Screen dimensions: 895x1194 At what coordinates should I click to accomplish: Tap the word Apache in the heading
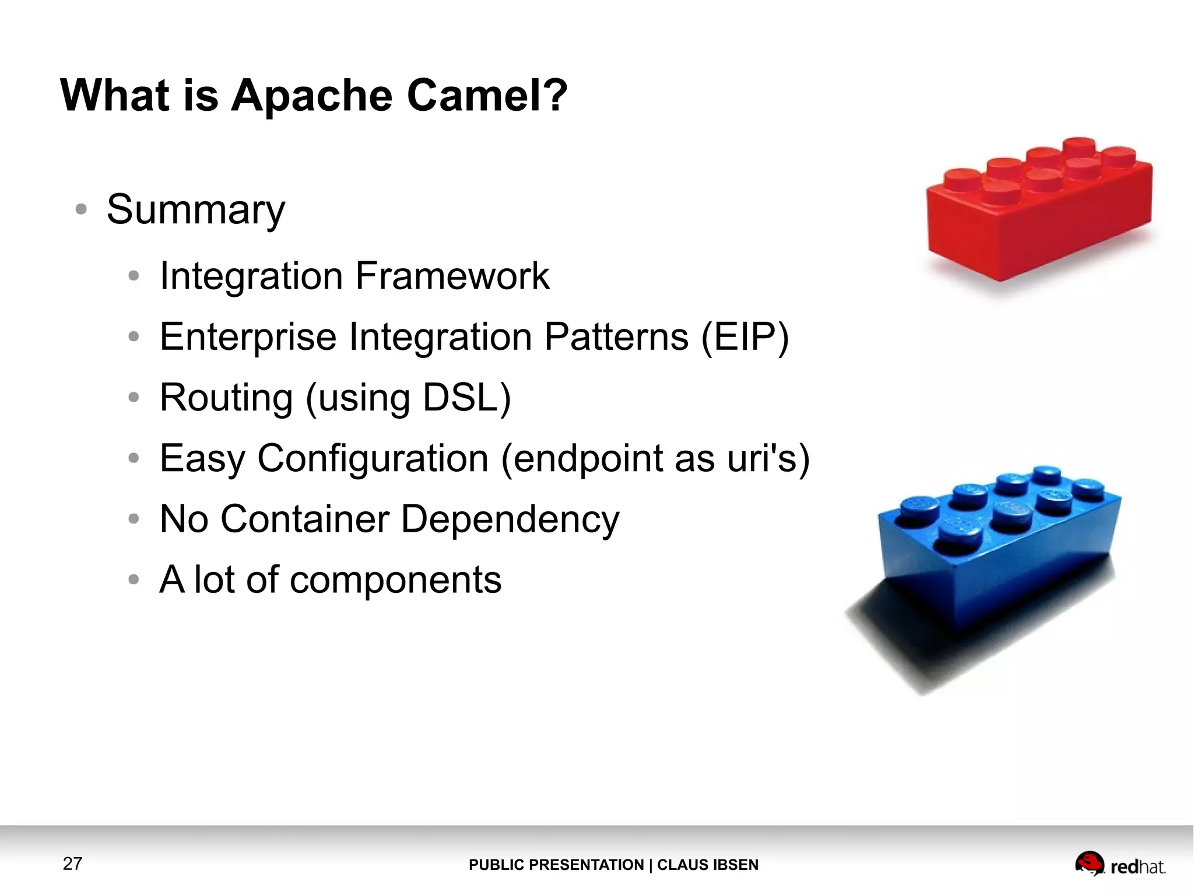pos(312,96)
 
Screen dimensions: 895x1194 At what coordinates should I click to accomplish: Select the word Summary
pos(196,210)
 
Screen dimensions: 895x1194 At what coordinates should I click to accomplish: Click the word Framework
pos(452,276)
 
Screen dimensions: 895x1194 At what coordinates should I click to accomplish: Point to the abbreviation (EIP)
pos(745,337)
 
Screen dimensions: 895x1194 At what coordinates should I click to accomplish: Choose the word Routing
pos(226,398)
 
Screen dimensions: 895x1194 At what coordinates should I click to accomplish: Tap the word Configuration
pos(373,458)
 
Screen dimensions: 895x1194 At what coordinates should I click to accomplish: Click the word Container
pos(304,519)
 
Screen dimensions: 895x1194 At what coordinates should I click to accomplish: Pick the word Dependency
pos(510,520)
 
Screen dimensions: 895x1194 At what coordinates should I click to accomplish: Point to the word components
pos(395,580)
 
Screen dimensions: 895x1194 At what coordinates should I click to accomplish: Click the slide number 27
pos(72,864)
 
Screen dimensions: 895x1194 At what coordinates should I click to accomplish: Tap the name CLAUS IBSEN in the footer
pos(708,865)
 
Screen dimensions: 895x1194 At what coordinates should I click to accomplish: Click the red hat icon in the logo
pos(1089,863)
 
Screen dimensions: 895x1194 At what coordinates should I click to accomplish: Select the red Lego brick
pos(1039,210)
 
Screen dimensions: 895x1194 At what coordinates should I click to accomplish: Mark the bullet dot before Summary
pos(81,209)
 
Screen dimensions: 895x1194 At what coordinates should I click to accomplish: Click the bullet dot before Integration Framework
pos(134,276)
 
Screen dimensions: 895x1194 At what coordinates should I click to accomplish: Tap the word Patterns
pos(616,337)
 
